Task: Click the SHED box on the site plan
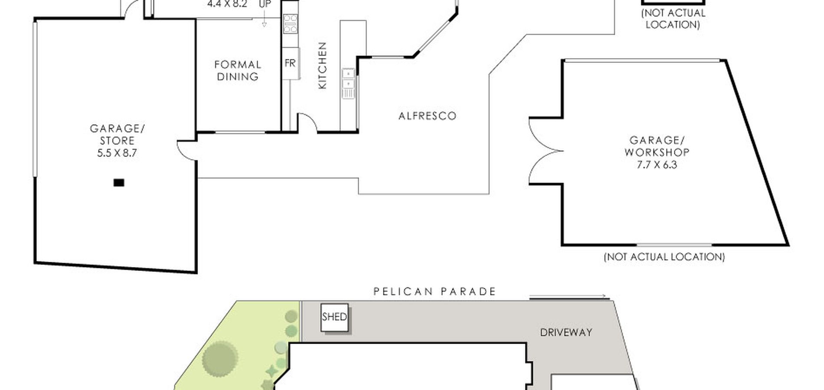[334, 318]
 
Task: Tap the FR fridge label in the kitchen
[290, 63]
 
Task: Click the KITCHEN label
[322, 65]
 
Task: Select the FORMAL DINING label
[238, 71]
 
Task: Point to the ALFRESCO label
[428, 116]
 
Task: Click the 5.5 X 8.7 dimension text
[117, 153]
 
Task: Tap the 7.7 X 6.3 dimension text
[657, 165]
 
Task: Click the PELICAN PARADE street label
[435, 292]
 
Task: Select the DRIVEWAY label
[566, 332]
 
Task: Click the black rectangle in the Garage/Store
[119, 183]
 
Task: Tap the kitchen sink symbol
[348, 83]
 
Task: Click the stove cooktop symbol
[291, 24]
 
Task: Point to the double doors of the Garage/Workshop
[546, 151]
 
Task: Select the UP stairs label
[265, 4]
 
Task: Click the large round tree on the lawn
[220, 359]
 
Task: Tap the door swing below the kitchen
[307, 122]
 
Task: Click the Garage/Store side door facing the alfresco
[187, 150]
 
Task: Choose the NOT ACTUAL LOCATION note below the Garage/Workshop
[664, 257]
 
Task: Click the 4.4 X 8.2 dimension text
[227, 4]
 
